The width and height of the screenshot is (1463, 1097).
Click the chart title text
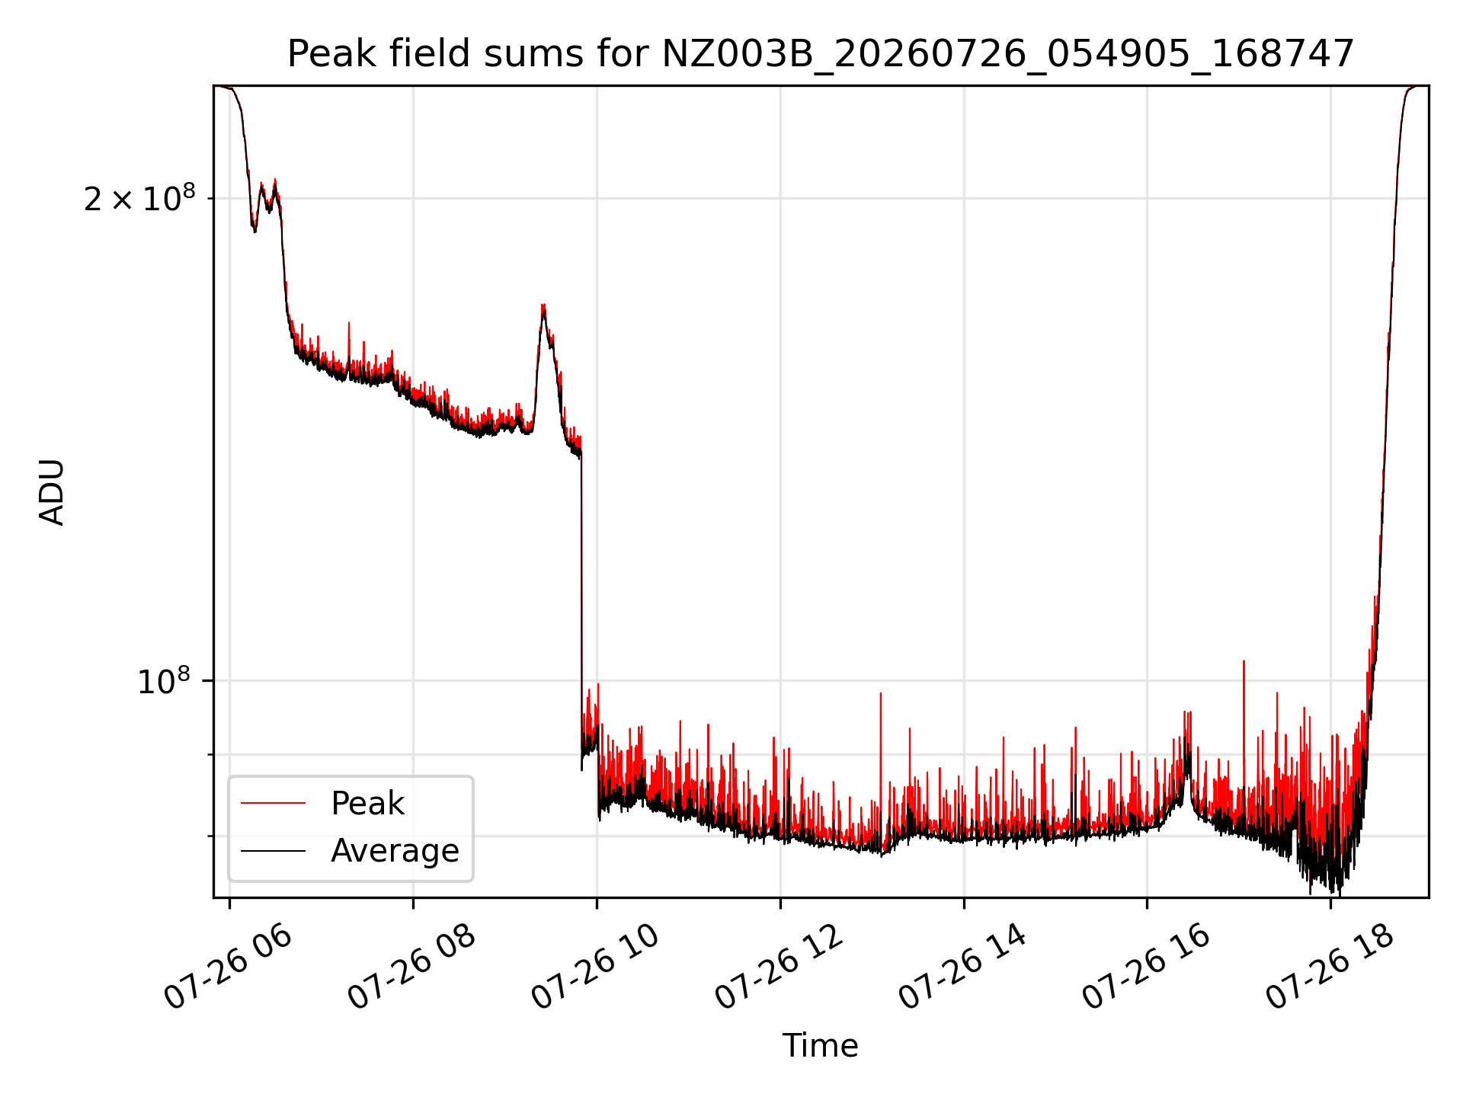pyautogui.click(x=821, y=54)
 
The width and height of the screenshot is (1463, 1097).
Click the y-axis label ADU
pyautogui.click(x=52, y=492)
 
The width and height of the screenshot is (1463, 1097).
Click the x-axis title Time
pyautogui.click(x=821, y=1046)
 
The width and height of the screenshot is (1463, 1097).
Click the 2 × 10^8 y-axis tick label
pyautogui.click(x=139, y=199)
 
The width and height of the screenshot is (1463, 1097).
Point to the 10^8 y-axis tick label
pyautogui.click(x=164, y=680)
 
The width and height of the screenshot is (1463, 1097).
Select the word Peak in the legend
pyautogui.click(x=367, y=804)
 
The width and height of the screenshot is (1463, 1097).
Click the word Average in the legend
pyautogui.click(x=395, y=851)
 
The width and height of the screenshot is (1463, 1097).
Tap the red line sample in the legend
pyautogui.click(x=273, y=804)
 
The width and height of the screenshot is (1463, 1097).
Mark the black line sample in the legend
pyautogui.click(x=273, y=851)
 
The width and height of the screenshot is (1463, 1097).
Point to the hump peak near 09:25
pyautogui.click(x=543, y=306)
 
